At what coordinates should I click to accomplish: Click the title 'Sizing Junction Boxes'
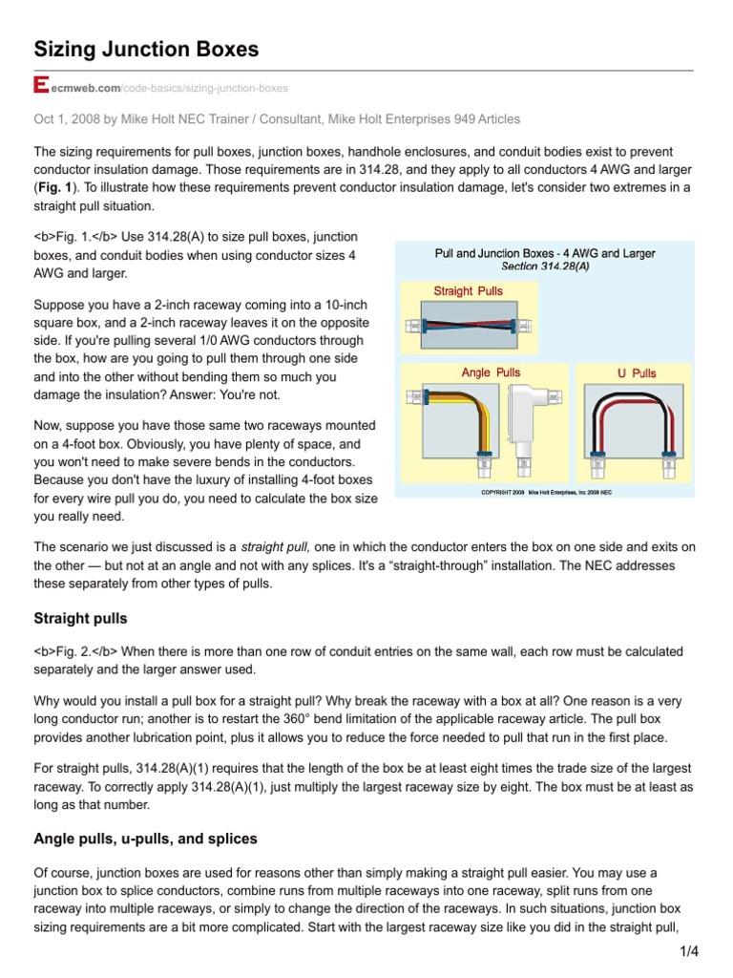click(146, 49)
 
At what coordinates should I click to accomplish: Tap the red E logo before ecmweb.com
click(40, 87)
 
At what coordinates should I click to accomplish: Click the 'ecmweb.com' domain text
click(85, 89)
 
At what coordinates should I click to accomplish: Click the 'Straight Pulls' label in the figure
click(468, 291)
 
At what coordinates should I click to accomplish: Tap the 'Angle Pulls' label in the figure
click(490, 372)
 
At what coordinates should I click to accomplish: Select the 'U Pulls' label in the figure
click(636, 373)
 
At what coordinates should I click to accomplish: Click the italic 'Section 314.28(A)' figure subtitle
click(545, 266)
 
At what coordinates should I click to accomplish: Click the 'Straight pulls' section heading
click(80, 619)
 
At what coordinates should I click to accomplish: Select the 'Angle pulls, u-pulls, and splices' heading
click(145, 839)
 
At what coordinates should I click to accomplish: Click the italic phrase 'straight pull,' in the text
click(274, 547)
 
